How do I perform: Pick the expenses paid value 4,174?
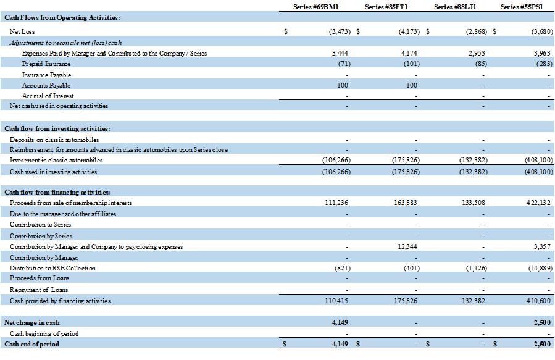click(409, 53)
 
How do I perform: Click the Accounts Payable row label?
click(46, 85)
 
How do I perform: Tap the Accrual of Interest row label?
click(48, 96)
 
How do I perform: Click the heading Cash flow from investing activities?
click(57, 128)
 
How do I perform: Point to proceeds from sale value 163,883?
click(406, 203)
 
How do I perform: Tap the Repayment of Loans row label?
click(38, 290)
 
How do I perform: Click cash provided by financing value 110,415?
click(337, 301)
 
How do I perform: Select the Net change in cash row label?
click(31, 322)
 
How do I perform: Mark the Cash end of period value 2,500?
click(541, 344)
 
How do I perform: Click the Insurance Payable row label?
click(46, 75)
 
